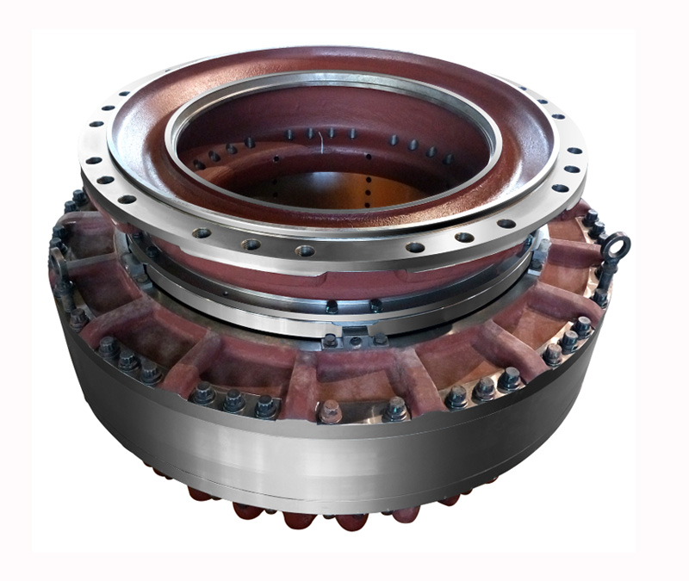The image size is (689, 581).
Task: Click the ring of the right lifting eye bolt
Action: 617,245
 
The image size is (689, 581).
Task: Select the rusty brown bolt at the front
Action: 329,412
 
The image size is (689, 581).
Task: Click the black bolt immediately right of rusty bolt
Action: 394,407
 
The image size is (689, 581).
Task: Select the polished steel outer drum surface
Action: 344,465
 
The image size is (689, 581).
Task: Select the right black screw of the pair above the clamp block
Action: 376,305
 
